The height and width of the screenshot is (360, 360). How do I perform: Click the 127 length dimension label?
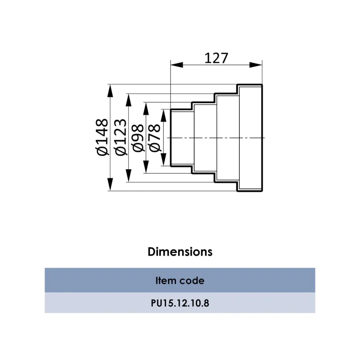[x=216, y=58]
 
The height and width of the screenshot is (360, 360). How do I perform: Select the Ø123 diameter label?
[x=121, y=137]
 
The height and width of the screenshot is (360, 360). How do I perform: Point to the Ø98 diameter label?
[x=138, y=138]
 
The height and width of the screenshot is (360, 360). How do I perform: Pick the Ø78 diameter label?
[x=155, y=138]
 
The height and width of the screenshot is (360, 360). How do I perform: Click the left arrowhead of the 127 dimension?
[x=177, y=65]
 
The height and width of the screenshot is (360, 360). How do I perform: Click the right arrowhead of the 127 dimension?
[x=256, y=65]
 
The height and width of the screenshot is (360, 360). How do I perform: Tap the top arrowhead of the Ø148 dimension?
[x=110, y=91]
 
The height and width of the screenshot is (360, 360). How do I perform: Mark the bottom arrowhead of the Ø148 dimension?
[x=110, y=184]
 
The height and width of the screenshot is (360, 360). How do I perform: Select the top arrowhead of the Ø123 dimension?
[x=129, y=100]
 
